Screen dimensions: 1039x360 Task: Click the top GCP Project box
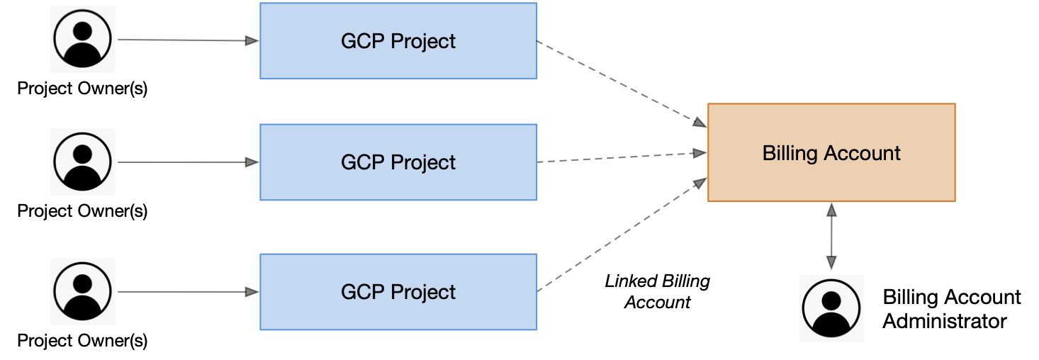(398, 41)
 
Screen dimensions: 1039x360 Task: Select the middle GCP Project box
(398, 162)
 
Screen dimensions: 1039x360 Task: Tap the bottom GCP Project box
(398, 292)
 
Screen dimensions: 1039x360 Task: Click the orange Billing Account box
(831, 152)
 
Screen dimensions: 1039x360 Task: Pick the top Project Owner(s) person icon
(82, 39)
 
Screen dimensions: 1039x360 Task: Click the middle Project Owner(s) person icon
(82, 162)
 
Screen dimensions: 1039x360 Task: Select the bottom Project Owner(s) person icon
(82, 291)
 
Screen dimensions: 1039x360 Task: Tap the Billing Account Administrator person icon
(831, 308)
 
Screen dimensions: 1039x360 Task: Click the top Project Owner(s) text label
(82, 88)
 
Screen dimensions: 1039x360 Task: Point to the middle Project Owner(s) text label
(82, 211)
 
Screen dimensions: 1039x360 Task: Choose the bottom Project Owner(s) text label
(82, 341)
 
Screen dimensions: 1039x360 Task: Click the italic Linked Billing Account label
(657, 291)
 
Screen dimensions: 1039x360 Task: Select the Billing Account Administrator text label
(952, 309)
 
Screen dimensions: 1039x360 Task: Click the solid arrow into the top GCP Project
(189, 40)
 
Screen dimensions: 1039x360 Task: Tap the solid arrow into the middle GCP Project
(189, 162)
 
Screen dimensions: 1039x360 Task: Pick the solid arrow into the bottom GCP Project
(189, 292)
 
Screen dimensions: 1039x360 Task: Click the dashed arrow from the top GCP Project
(622, 84)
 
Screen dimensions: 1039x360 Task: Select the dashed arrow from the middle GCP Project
(622, 157)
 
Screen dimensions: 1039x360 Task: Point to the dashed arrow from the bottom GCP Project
(622, 235)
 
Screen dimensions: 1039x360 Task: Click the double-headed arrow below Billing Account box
(831, 236)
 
